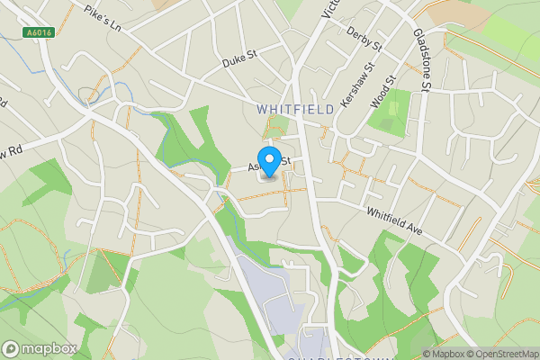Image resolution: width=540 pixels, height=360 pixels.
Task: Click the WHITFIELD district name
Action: pyautogui.click(x=294, y=109)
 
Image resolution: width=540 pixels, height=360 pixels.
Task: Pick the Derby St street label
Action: pyautogui.click(x=364, y=36)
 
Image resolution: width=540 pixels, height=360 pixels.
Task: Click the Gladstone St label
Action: pyautogui.click(x=421, y=60)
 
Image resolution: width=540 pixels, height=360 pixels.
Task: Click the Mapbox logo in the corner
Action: pyautogui.click(x=39, y=348)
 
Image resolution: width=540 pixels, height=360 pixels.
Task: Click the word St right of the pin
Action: pyautogui.click(x=283, y=161)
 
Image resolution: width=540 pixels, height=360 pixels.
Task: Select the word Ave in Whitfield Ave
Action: pyautogui.click(x=411, y=228)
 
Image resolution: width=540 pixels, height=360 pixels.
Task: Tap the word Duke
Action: pyautogui.click(x=233, y=64)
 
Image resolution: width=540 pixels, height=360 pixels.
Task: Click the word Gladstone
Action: pyautogui.click(x=419, y=51)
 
